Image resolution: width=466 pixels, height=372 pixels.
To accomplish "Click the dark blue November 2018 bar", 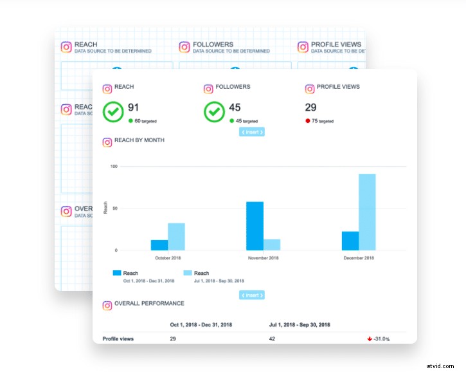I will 255,226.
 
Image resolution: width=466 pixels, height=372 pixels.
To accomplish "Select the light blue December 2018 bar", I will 367,212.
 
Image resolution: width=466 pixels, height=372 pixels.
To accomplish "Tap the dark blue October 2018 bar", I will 159,245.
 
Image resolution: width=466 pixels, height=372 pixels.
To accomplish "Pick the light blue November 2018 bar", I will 272,245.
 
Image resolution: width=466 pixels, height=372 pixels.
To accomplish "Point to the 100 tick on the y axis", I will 114,167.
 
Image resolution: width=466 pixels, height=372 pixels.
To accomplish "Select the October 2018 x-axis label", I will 168,257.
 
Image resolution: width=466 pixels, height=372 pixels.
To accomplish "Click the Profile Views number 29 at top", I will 310,107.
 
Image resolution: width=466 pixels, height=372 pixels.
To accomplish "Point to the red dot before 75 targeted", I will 308,121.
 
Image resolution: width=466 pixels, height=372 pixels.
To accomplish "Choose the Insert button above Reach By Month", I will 252,132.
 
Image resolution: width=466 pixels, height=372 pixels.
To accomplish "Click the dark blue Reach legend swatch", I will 117,273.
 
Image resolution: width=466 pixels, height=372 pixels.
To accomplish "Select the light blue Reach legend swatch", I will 188,273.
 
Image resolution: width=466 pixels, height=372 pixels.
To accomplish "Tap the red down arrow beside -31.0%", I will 370,339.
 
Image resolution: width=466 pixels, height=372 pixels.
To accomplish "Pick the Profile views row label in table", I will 118,339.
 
